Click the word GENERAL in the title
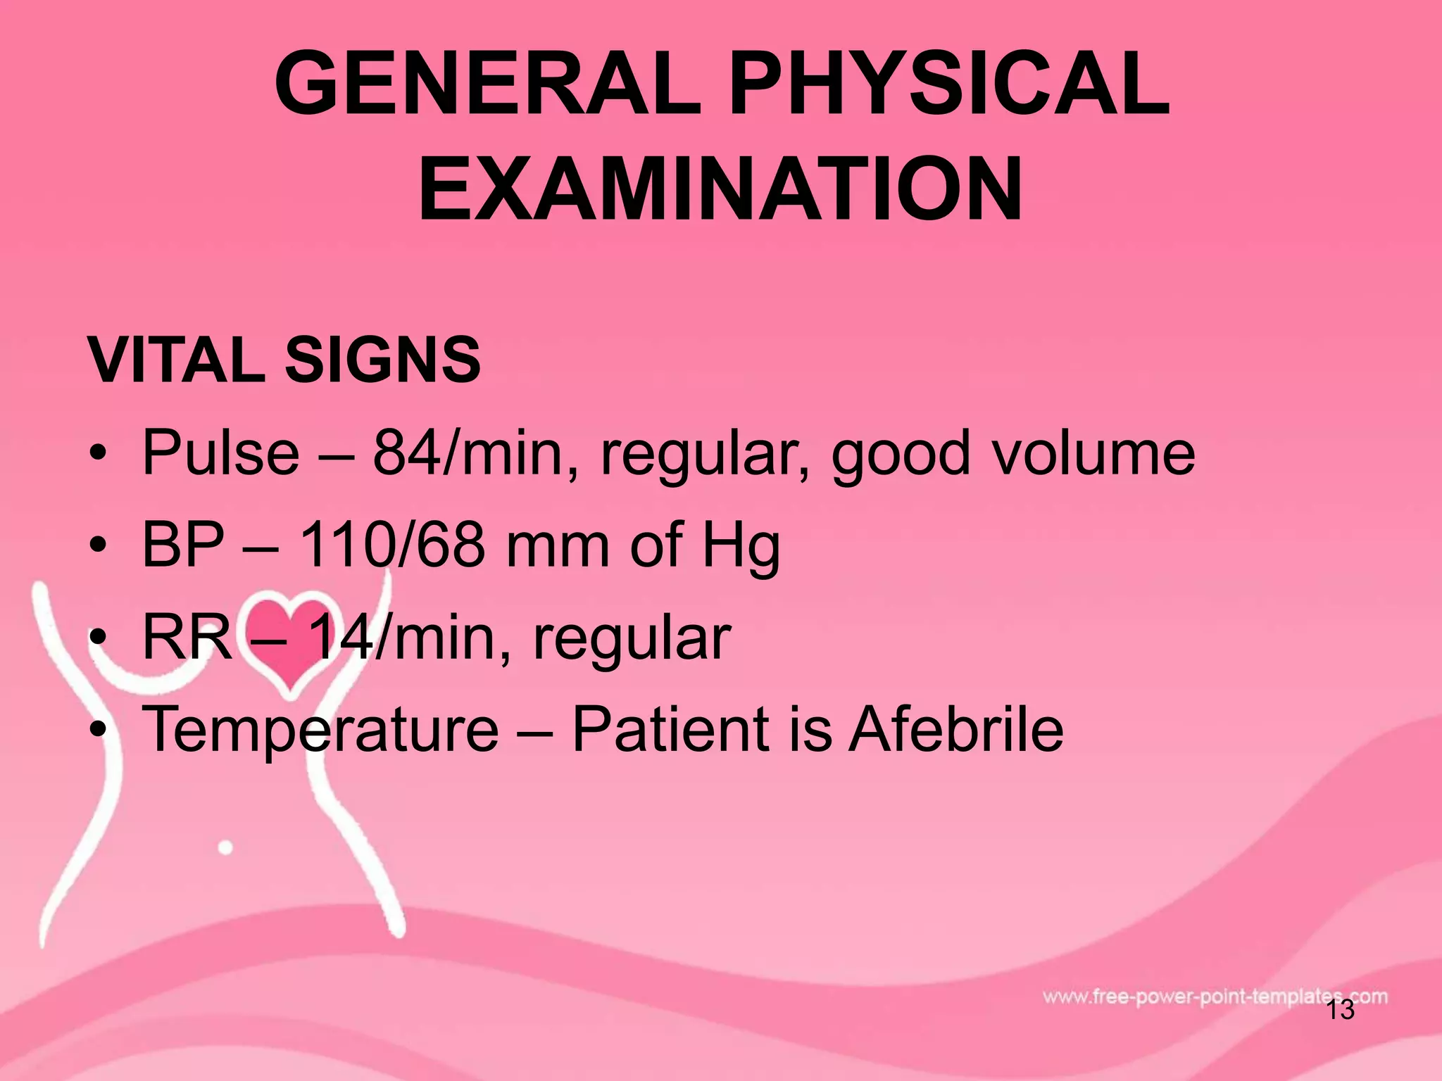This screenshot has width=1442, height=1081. tap(488, 84)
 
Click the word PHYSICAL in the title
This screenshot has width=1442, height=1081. tap(949, 84)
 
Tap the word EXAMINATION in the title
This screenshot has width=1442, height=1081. tap(720, 189)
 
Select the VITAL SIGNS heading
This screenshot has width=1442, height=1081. tap(284, 360)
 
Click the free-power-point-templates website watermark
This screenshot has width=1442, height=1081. tap(1215, 997)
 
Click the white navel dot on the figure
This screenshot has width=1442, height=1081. tap(225, 847)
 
